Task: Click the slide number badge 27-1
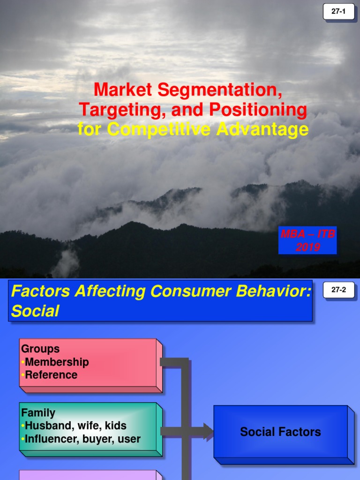(338, 12)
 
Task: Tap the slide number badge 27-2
(338, 290)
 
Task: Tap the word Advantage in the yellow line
(262, 129)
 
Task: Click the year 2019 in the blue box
(307, 247)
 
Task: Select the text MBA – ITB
(307, 234)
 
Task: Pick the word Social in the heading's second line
(35, 311)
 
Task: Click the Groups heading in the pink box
(40, 349)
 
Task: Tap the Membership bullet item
(57, 362)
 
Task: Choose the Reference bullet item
(51, 375)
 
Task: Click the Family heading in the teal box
(38, 413)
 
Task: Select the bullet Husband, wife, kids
(75, 426)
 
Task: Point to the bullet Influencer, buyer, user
(82, 439)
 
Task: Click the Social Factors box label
(280, 432)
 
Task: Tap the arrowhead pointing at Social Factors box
(208, 432)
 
